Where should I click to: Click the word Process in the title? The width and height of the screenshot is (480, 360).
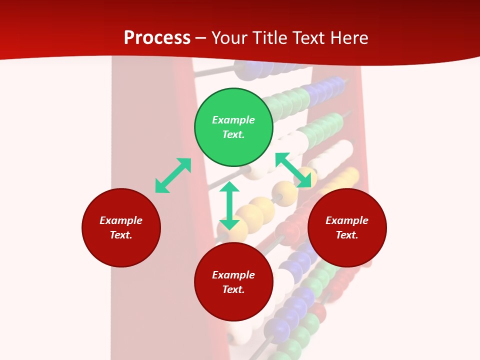[157, 38]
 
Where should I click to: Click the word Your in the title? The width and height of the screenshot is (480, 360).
[230, 38]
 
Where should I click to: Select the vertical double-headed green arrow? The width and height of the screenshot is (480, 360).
[229, 205]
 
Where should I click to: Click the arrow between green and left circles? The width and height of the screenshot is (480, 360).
[173, 175]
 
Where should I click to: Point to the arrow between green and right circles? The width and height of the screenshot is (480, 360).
[293, 170]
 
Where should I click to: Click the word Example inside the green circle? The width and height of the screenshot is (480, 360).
[233, 120]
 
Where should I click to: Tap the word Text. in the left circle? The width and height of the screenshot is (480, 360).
[121, 235]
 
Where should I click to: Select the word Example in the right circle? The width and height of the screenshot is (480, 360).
[347, 220]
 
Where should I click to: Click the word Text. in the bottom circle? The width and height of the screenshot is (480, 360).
[233, 289]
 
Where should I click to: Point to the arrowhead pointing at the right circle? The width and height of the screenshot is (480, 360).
[304, 181]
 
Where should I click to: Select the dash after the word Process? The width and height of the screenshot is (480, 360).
[201, 38]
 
